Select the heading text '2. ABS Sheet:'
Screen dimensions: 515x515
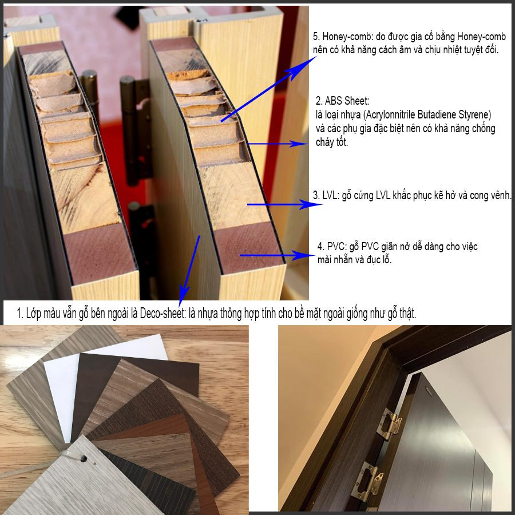click(x=342, y=101)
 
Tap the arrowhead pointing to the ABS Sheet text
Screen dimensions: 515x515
click(x=299, y=144)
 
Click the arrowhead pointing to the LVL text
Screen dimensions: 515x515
click(x=310, y=205)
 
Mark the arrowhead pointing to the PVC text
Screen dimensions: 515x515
click(x=304, y=255)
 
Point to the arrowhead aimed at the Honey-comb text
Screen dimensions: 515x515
click(x=302, y=68)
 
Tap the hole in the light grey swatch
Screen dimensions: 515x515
click(x=84, y=458)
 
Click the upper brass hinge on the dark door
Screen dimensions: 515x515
click(x=389, y=425)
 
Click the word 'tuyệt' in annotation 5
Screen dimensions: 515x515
click(x=469, y=50)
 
